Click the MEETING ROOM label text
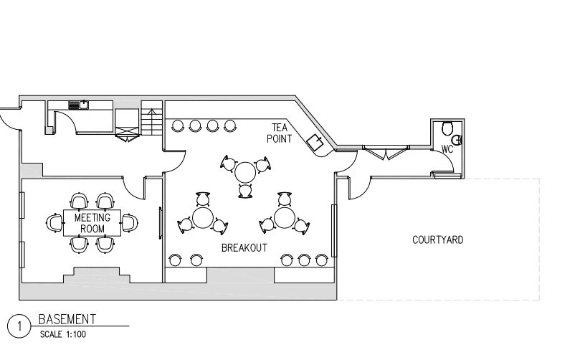92,223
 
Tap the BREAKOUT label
244,248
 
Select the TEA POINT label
280,133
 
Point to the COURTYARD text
437,240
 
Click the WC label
447,149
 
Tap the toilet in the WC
447,128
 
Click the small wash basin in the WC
459,140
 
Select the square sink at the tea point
315,142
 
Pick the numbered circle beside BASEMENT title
19,326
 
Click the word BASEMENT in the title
67,319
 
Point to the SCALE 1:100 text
63,334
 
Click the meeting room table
92,223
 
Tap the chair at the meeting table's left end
54,223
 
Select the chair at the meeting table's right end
130,223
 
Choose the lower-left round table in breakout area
203,218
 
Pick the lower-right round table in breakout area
285,218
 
